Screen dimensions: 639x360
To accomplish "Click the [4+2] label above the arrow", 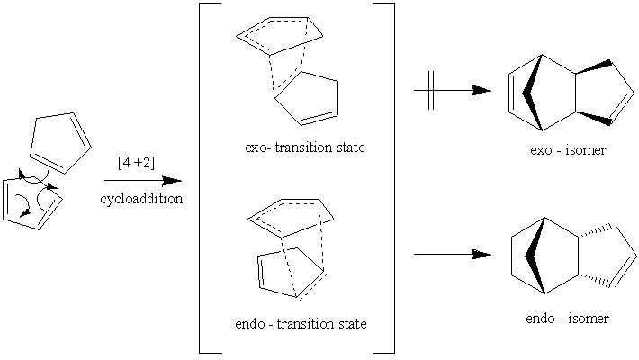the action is tap(136, 163).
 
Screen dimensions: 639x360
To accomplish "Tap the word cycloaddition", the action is tap(141, 199).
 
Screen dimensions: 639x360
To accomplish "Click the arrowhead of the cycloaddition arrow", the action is tap(172, 181).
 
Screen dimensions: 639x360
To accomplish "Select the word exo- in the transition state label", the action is tap(258, 148).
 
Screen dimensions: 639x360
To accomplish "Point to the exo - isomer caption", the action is tap(568, 150).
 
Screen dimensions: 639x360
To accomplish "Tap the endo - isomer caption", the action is tap(567, 318).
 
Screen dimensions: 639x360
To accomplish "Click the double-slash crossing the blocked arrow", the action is tap(431, 91).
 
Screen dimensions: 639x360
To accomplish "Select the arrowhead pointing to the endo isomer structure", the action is tap(481, 255).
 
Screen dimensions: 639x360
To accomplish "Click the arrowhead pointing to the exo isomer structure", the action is tap(481, 91).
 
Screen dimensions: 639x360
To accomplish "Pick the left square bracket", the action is tap(206, 178).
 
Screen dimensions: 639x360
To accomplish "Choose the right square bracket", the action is tap(388, 178).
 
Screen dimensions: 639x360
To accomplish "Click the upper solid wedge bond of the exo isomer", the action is tap(594, 67).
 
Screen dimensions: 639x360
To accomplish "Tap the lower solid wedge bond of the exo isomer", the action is tap(594, 117).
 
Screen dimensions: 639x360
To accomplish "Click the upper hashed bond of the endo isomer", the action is tap(596, 230).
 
